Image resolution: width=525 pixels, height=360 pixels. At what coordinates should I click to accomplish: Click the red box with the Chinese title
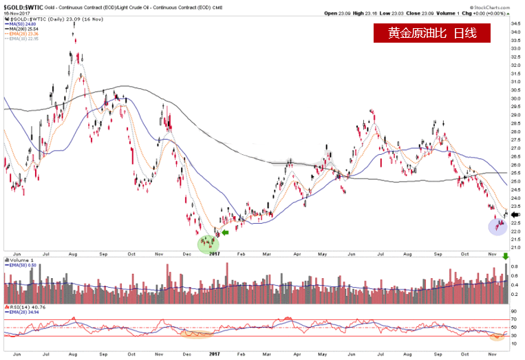pos(432,33)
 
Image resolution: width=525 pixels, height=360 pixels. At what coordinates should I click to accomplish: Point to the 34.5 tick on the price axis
pos(515,23)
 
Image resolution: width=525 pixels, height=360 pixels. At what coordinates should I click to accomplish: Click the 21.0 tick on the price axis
pos(515,247)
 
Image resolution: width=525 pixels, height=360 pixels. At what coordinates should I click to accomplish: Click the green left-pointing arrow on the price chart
pos(224,232)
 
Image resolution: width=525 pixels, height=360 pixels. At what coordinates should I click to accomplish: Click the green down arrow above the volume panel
pos(507,257)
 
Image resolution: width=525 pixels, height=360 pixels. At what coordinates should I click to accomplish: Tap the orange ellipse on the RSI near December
pos(197,335)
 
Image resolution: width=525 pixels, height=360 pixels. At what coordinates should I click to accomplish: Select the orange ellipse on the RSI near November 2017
pos(497,337)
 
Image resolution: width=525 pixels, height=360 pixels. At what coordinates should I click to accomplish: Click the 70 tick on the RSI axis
pos(514,319)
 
